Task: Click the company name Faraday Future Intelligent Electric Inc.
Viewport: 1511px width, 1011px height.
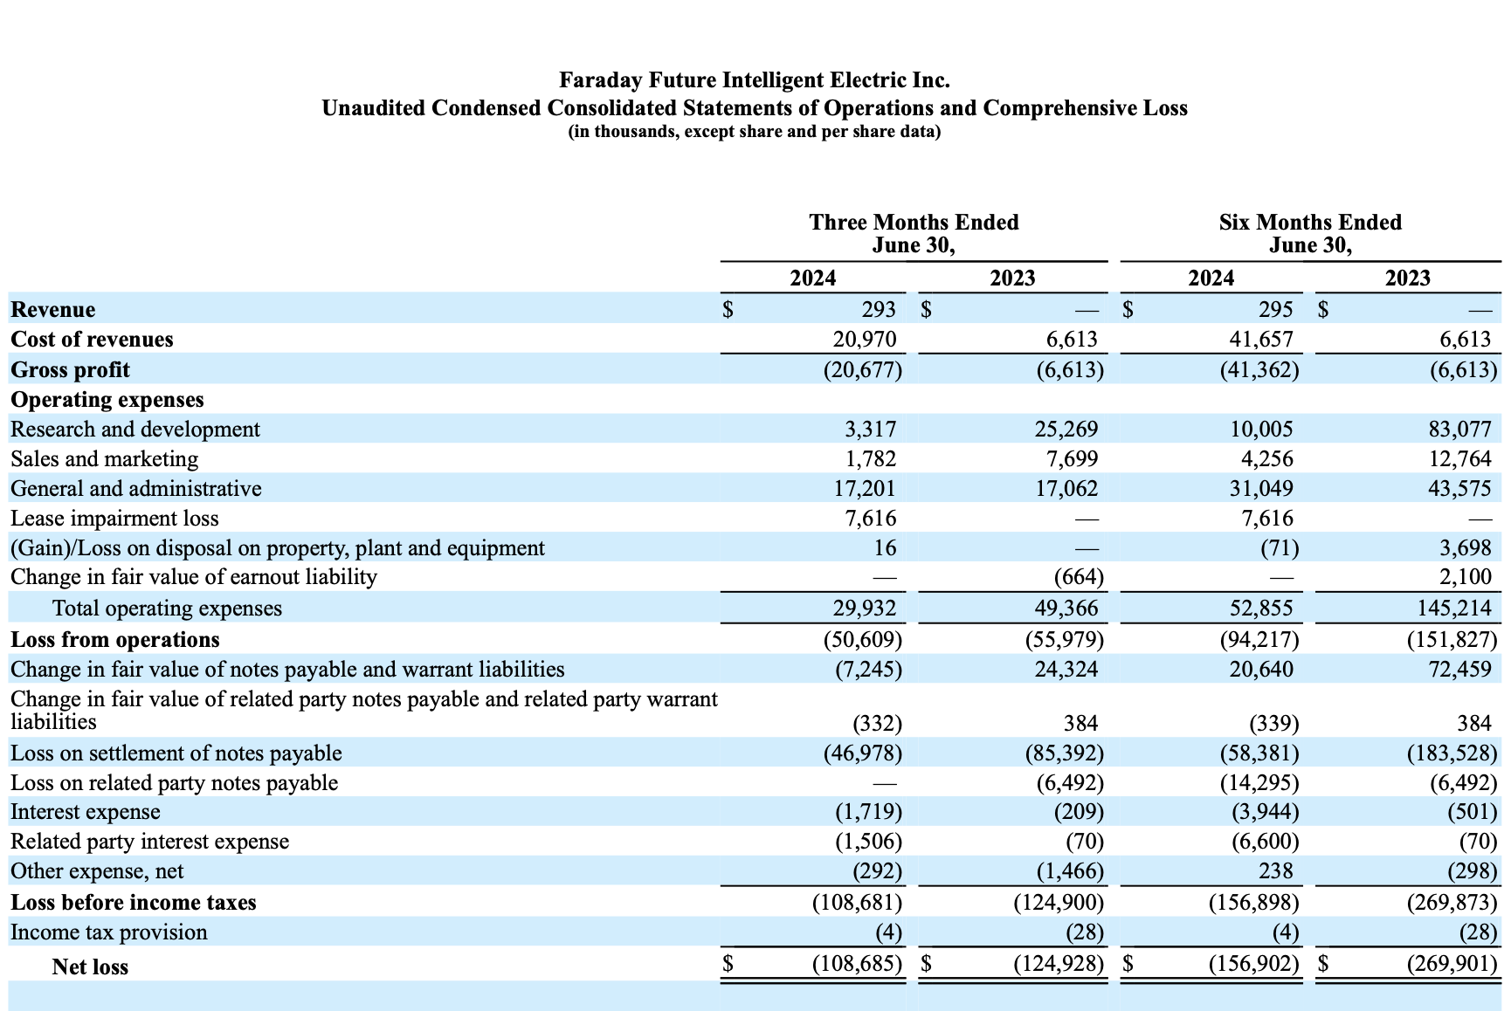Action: click(754, 80)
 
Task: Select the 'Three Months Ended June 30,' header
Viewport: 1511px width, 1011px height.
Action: click(913, 233)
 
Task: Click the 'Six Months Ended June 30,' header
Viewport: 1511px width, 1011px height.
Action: click(1309, 233)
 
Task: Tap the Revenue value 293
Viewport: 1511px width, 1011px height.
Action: click(878, 309)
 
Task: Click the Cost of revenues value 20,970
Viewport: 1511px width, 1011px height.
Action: click(864, 339)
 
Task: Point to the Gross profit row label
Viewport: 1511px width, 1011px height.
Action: click(70, 369)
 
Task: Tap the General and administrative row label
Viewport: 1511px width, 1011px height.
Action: click(135, 488)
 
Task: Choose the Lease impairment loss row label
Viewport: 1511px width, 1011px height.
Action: click(114, 519)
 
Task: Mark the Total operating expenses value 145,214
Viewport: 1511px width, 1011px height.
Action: click(1453, 608)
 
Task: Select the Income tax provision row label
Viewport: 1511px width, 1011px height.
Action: click(109, 932)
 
